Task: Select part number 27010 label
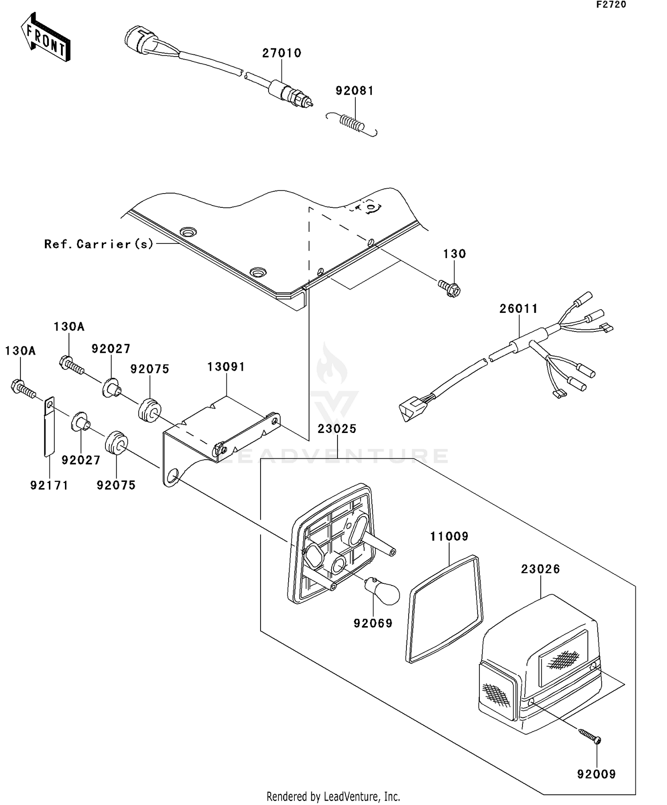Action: (282, 53)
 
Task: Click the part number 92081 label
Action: (354, 91)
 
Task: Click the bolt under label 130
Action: (450, 288)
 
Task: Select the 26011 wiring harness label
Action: (518, 308)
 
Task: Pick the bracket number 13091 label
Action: (226, 367)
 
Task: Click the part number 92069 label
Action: (373, 623)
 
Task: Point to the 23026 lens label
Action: (540, 569)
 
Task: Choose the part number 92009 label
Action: (596, 774)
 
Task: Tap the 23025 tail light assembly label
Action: (337, 429)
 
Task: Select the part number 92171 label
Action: (49, 485)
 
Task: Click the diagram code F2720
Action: (611, 5)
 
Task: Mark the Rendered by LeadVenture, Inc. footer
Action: (333, 796)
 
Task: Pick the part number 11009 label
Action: (449, 536)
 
